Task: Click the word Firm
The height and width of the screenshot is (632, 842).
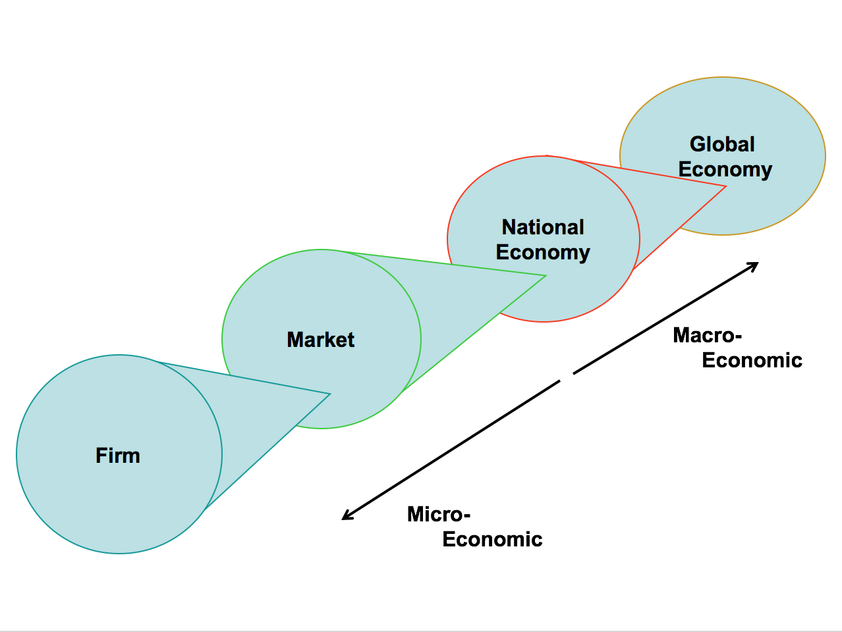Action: tap(118, 456)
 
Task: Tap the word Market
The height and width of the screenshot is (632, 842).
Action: tap(321, 340)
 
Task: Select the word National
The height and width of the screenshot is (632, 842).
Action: tap(543, 227)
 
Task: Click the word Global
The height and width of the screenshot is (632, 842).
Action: tap(722, 144)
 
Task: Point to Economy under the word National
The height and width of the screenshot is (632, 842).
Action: tap(543, 253)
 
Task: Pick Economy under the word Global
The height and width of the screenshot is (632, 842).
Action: tap(725, 169)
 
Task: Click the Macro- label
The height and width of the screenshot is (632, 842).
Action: tap(708, 335)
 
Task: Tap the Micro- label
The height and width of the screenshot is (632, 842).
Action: tap(439, 514)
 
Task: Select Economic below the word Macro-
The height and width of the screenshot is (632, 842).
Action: tap(752, 360)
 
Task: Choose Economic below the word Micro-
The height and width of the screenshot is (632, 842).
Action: tap(492, 539)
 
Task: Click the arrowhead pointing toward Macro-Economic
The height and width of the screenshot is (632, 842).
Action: tap(754, 265)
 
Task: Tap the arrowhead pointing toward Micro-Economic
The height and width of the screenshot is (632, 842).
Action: tap(346, 517)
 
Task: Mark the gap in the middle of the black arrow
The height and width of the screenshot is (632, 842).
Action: tap(567, 377)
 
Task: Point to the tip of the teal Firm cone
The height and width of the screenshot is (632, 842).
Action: tap(329, 394)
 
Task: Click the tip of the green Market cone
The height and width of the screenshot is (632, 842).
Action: tap(545, 276)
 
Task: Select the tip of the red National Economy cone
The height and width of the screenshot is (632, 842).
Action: tap(725, 187)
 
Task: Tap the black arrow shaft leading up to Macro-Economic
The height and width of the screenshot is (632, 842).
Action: tap(665, 318)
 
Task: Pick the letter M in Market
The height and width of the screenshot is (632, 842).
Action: tap(295, 340)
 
